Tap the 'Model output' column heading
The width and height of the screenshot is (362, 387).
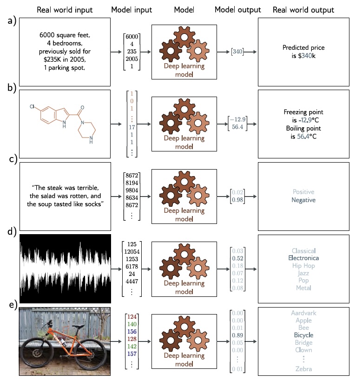(238, 10)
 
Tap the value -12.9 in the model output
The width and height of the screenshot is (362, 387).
(238, 119)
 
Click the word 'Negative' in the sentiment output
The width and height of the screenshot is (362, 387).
(303, 200)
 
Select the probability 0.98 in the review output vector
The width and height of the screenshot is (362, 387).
(238, 200)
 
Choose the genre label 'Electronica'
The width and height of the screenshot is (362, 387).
(303, 257)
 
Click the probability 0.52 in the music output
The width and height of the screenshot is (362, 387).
(238, 257)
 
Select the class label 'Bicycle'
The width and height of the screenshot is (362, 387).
(303, 335)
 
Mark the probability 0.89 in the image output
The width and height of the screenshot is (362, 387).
(238, 335)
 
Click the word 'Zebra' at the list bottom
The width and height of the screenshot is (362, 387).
(303, 369)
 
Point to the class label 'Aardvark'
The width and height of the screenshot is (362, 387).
(303, 313)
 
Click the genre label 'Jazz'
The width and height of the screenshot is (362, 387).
(303, 273)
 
